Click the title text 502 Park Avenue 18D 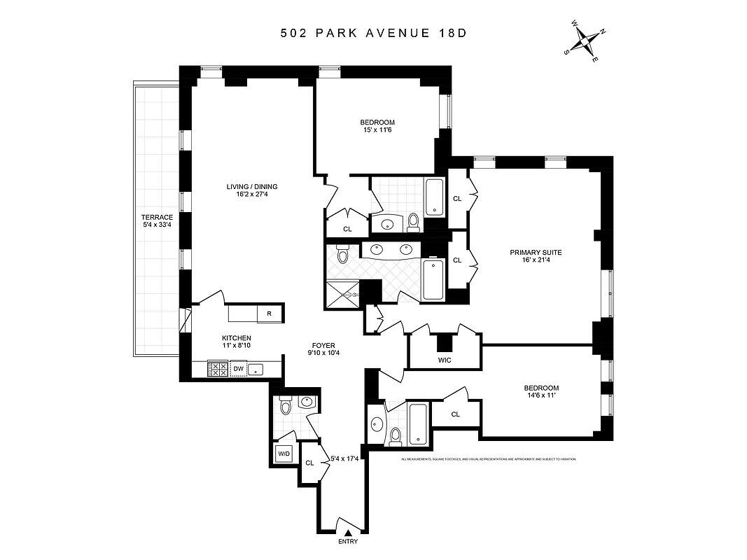(x=373, y=34)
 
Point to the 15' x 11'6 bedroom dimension (x=377, y=129)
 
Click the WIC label (x=445, y=360)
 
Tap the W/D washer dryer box (x=284, y=454)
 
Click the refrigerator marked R (x=269, y=314)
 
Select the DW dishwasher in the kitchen (x=238, y=368)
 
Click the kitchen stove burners (x=218, y=369)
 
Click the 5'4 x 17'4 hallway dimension (x=344, y=459)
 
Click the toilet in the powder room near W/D (x=286, y=406)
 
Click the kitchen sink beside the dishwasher (x=257, y=369)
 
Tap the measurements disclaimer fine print (x=488, y=459)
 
